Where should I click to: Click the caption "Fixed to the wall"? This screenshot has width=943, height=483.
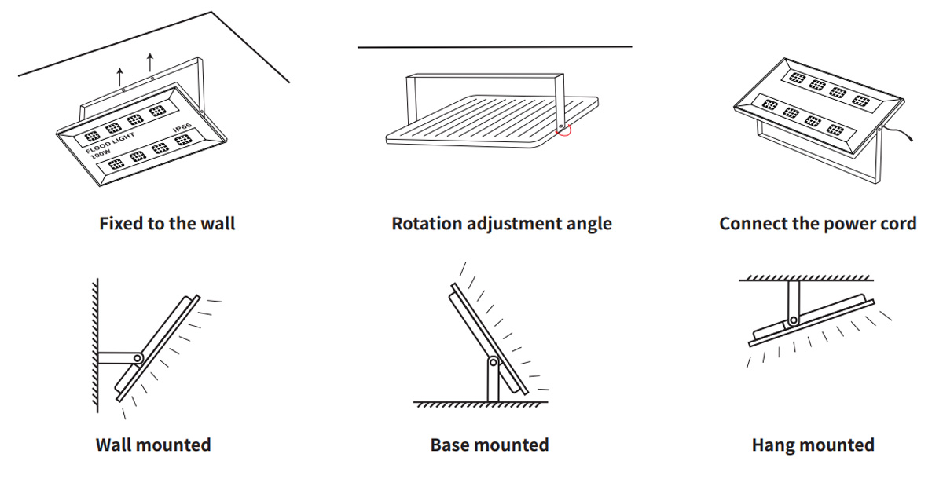click(x=167, y=224)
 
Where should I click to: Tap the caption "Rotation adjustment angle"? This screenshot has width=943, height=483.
click(x=501, y=224)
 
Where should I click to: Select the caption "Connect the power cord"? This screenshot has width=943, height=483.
click(x=817, y=224)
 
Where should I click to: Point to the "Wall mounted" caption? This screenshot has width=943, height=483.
click(x=153, y=445)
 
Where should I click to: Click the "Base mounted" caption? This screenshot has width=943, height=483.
click(x=489, y=445)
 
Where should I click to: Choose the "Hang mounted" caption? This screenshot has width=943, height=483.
click(x=813, y=445)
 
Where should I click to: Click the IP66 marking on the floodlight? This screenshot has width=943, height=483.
click(x=182, y=127)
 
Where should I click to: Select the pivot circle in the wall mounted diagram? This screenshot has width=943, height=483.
click(x=138, y=358)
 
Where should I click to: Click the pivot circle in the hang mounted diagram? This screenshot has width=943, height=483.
click(x=794, y=320)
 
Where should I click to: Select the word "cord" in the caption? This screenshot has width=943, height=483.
click(x=898, y=224)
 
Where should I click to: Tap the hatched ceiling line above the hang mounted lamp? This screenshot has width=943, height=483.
click(x=805, y=278)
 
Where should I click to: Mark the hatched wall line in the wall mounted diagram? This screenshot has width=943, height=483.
click(x=94, y=346)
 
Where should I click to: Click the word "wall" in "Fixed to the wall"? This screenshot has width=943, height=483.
click(x=217, y=224)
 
